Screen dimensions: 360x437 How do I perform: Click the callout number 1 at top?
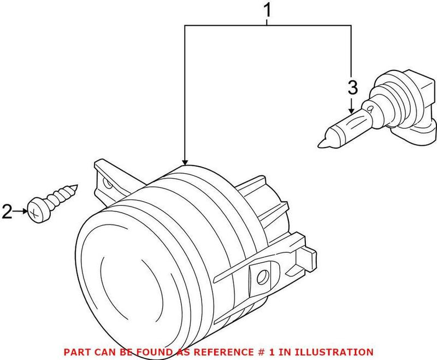click(x=267, y=9)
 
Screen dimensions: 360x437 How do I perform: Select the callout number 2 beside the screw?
click(x=7, y=211)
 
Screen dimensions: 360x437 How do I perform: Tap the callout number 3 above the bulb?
click(x=352, y=87)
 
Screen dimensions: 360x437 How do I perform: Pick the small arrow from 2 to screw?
click(x=23, y=211)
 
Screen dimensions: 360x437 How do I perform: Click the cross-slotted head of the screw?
click(x=37, y=210)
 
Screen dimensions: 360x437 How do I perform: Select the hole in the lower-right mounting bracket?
click(x=264, y=276)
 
